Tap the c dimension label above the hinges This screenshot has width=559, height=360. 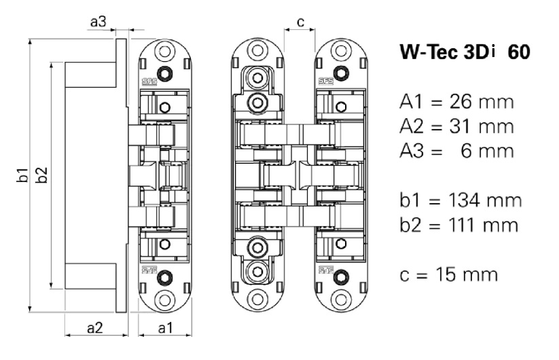tap(300, 22)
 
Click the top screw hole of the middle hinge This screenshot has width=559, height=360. tap(256, 50)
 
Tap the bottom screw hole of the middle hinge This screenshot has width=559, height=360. tap(256, 298)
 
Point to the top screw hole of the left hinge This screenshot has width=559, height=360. tap(163, 50)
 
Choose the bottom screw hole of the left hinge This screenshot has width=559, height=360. tap(163, 298)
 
